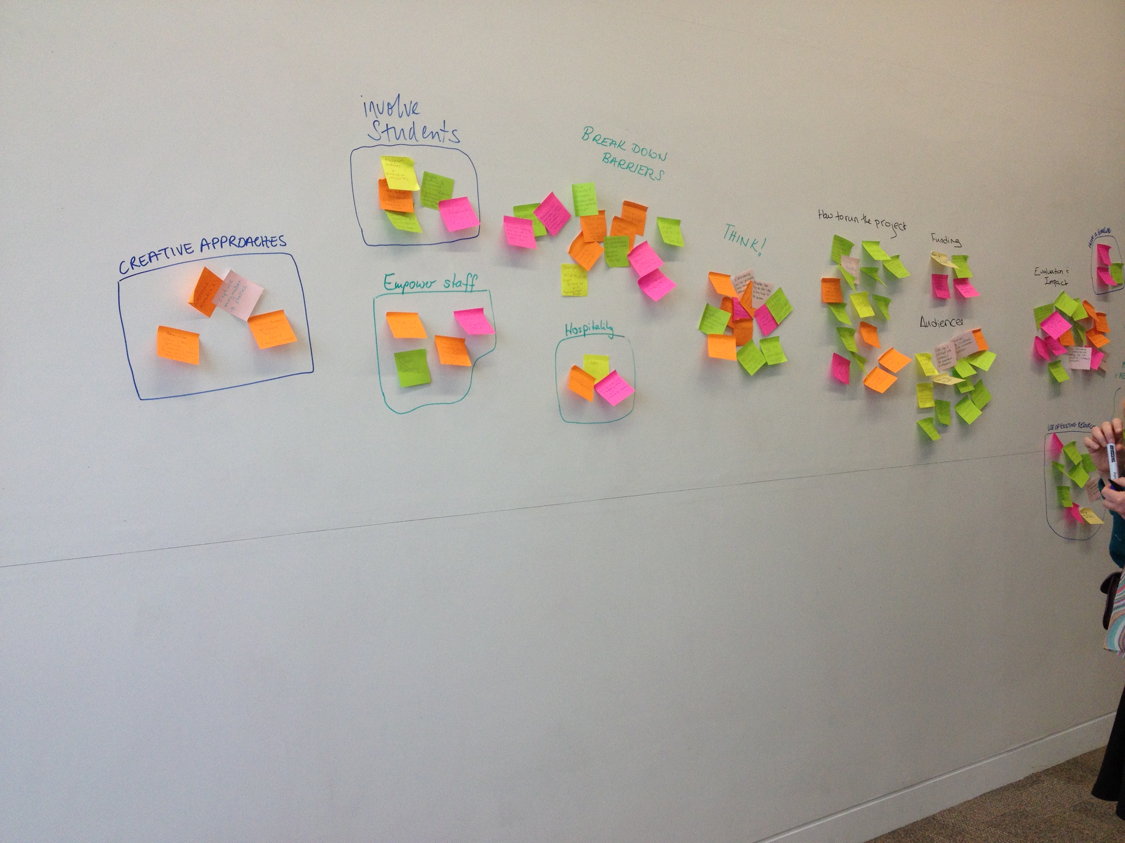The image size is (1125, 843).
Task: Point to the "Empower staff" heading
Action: click(x=430, y=283)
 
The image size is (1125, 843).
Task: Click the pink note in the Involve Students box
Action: click(x=459, y=214)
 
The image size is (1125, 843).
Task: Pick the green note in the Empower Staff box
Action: click(x=412, y=367)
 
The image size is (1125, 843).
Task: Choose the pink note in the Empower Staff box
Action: click(x=474, y=322)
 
